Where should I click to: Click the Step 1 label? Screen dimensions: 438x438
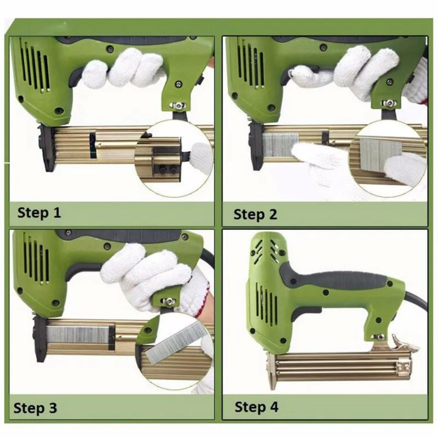[x=39, y=213]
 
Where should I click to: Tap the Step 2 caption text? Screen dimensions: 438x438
[x=255, y=215]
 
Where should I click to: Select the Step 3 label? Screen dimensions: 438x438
[x=35, y=408]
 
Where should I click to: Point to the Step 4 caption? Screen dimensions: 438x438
[x=256, y=407]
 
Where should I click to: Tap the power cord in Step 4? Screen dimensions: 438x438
[x=416, y=301]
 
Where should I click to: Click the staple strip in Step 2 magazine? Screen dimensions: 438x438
[x=280, y=145]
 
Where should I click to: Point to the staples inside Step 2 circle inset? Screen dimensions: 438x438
[x=381, y=153]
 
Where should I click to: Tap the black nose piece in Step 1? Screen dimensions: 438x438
[x=46, y=147]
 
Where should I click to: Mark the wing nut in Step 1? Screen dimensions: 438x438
[x=178, y=106]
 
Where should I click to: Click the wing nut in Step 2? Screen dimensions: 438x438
[x=389, y=103]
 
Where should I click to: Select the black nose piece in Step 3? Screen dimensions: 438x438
[x=41, y=339]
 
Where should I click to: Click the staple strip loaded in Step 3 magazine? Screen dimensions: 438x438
[x=78, y=335]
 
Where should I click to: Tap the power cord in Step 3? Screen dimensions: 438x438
[x=208, y=257]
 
